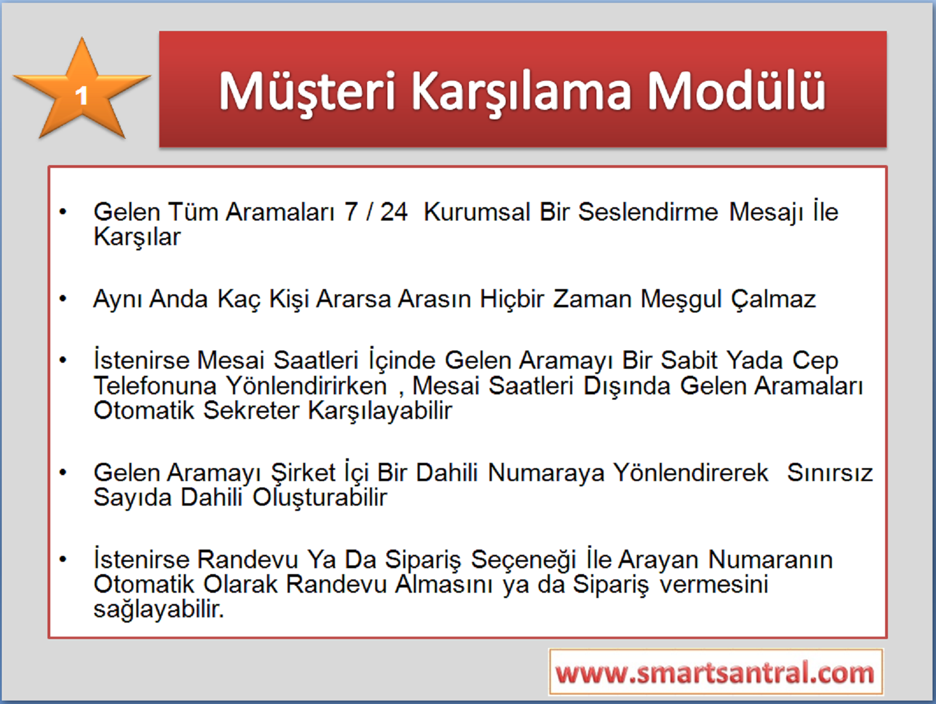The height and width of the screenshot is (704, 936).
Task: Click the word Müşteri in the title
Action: coord(307,92)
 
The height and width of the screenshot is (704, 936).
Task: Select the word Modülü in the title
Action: coord(736,90)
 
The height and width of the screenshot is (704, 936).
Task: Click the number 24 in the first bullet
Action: coord(393,212)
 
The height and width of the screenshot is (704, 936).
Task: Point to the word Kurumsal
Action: coord(476,212)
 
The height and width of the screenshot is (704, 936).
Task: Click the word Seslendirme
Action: coord(648,212)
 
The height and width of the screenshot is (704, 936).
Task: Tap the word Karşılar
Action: coord(137,238)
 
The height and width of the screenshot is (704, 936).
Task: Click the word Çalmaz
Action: coord(773,300)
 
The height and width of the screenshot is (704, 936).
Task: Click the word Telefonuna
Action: coord(155,386)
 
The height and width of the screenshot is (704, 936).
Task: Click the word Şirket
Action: coord(304,473)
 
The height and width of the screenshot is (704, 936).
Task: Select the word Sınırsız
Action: coord(830,473)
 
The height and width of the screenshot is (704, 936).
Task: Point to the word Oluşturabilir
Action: coord(320,498)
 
